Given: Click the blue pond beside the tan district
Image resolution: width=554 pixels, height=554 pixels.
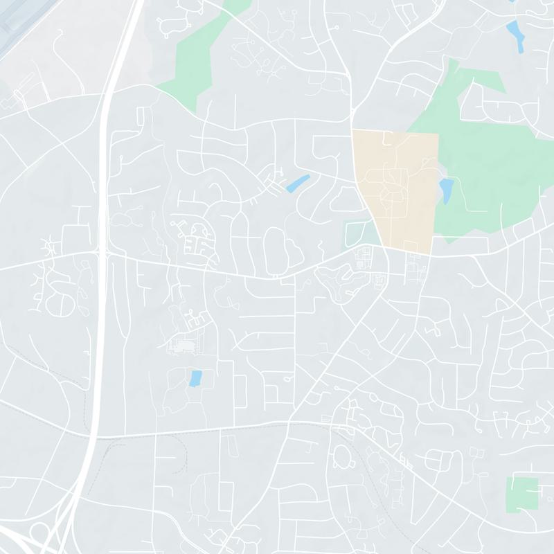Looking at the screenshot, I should (x=446, y=188).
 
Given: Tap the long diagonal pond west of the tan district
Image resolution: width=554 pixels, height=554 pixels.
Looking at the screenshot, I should (x=298, y=184).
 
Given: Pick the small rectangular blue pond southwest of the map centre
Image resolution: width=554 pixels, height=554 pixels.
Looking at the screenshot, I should (x=195, y=378).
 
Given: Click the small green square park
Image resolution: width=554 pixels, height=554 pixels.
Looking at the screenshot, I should (x=521, y=495).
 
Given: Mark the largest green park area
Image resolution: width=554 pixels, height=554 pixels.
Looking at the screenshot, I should (x=499, y=173).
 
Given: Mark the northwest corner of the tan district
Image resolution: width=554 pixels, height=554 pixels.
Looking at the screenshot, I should (x=354, y=132).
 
